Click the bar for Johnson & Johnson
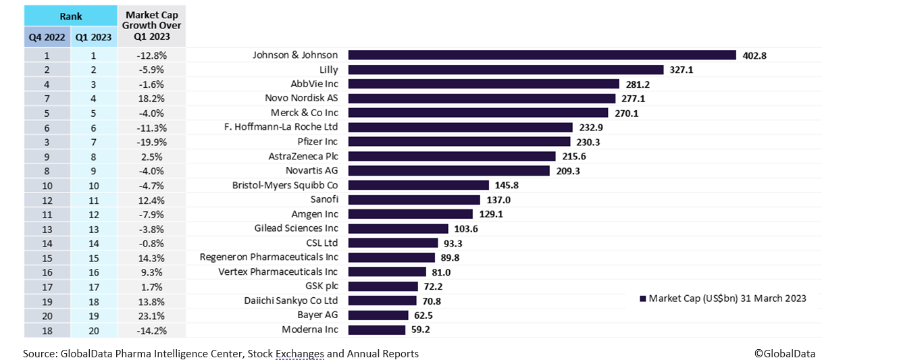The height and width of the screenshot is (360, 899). (542, 55)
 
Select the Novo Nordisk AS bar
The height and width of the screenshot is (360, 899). (482, 99)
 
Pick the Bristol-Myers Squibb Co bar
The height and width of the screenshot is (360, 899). (418, 185)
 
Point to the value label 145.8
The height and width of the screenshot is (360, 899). (507, 185)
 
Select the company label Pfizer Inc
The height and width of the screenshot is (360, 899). (317, 142)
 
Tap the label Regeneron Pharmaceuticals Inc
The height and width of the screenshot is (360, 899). (269, 257)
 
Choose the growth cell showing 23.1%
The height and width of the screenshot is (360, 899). (152, 315)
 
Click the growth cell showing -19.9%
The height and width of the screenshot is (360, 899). (152, 142)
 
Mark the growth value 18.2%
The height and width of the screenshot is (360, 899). (152, 99)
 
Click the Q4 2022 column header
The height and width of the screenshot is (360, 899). (47, 38)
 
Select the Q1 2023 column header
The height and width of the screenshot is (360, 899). (93, 38)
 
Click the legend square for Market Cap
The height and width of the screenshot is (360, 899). (643, 299)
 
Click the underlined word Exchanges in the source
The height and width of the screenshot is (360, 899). (299, 353)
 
